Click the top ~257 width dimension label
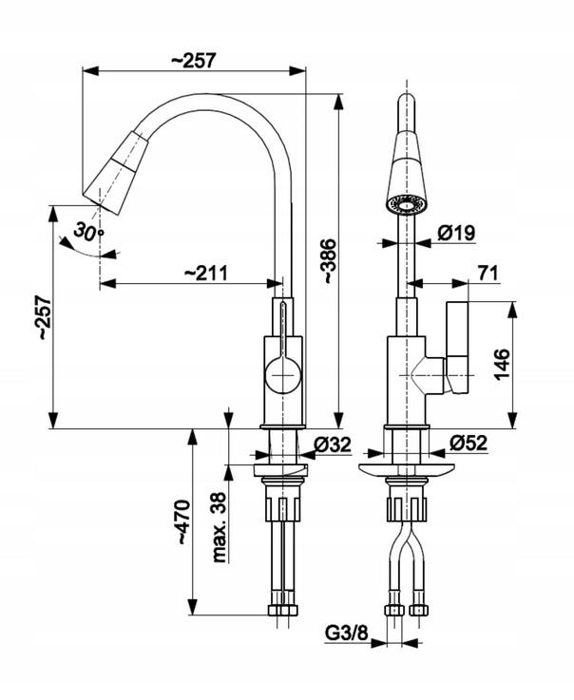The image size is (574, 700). click(195, 59)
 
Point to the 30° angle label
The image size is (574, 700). click(88, 231)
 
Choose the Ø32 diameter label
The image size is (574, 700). click(333, 443)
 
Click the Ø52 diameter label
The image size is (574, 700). click(469, 443)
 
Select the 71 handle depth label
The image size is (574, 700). click(488, 274)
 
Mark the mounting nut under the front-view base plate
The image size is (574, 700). click(406, 503)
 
